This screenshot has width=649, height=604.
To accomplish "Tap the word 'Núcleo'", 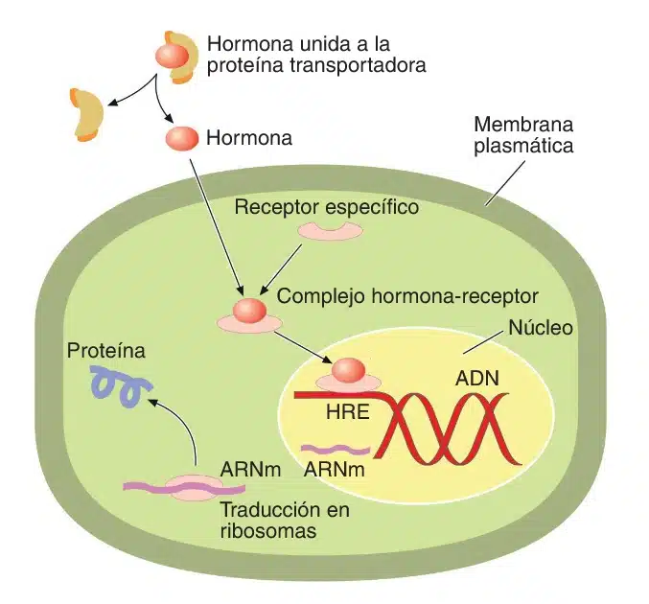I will [x=540, y=328].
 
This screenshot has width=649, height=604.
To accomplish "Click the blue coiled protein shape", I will [x=119, y=385].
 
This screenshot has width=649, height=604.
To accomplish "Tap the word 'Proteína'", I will [x=105, y=351].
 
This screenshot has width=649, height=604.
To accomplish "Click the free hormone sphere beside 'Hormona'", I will [x=181, y=138].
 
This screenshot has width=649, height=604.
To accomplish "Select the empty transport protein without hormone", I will [x=86, y=111].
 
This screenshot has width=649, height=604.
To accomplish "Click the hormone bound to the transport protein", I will [x=174, y=54].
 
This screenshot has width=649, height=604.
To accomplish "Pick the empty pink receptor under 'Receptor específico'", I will [x=330, y=231].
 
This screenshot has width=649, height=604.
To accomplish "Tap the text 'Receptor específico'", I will [x=327, y=207].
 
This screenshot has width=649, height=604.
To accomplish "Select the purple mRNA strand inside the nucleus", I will [x=336, y=449].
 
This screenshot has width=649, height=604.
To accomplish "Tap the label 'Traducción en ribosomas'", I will [x=285, y=519].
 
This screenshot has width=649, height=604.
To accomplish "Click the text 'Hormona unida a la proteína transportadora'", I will [x=316, y=55].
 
